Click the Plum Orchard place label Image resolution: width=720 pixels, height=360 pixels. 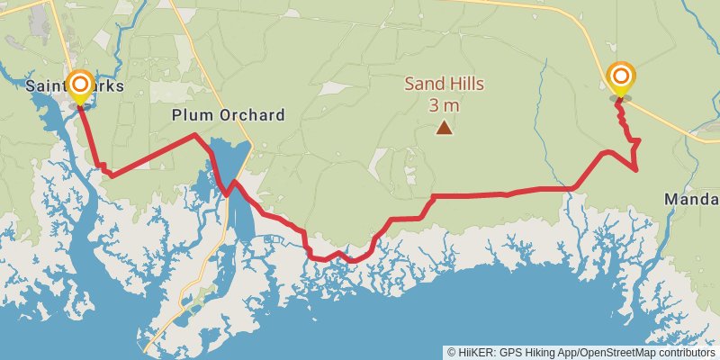tap(229, 115)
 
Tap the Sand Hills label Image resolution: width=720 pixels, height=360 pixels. tap(444, 85)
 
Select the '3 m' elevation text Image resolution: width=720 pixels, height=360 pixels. tap(444, 104)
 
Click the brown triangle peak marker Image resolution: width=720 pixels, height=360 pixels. tap(444, 128)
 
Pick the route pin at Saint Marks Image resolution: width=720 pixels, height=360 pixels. tap(79, 86)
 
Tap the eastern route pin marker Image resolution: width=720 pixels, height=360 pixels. tap(620, 78)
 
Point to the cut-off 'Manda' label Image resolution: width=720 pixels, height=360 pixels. tap(691, 198)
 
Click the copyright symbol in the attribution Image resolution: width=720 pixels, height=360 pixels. tap(452, 352)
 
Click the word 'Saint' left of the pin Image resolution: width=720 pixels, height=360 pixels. tap(45, 86)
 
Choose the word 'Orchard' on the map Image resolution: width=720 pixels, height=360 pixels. tap(254, 115)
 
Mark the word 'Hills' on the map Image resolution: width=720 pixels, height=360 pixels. tap(466, 85)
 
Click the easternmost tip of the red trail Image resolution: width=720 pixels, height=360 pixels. tap(638, 168)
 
